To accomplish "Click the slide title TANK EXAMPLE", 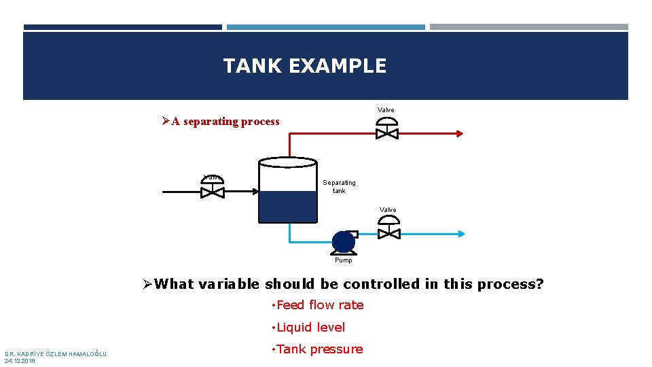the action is (x=305, y=66).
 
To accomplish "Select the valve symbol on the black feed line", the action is (x=213, y=191).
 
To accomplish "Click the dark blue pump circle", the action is (x=343, y=242).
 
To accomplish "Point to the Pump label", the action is (x=344, y=260).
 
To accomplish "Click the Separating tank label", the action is (x=339, y=186).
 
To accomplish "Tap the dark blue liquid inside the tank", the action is (x=288, y=206).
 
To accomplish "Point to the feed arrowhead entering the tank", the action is (x=255, y=192).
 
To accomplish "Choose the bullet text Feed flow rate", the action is (x=320, y=305).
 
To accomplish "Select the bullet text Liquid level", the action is (x=310, y=328).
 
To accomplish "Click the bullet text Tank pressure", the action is (x=319, y=349).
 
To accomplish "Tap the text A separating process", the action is (x=225, y=122).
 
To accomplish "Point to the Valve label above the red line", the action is (x=386, y=110).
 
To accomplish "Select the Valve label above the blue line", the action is (x=388, y=210).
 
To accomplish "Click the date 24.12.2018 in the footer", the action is (x=19, y=361).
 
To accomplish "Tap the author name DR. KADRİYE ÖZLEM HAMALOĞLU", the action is (x=56, y=353).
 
